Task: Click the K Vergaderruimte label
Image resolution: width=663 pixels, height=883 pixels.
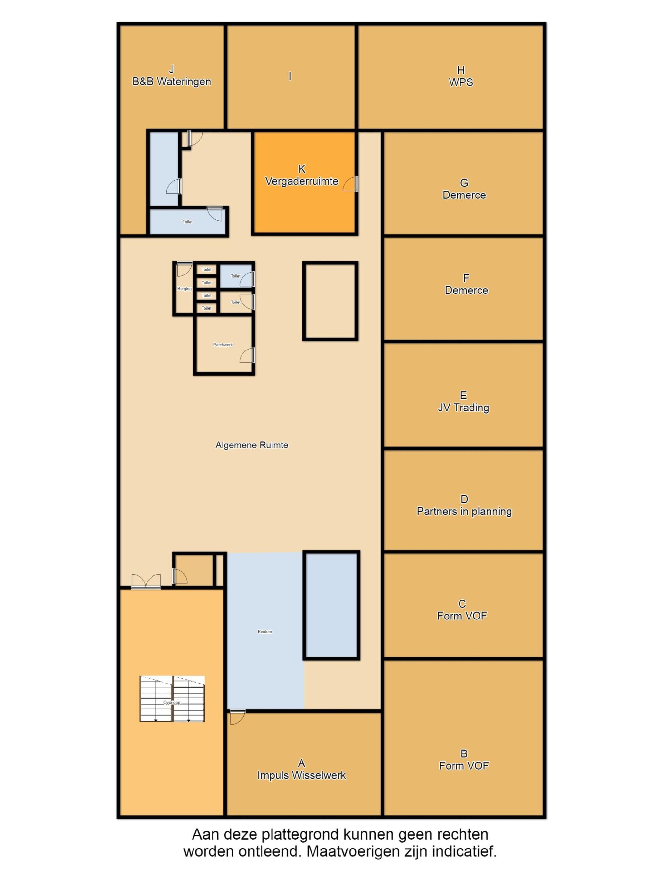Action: point(302,175)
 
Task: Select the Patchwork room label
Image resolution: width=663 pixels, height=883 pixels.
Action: point(223,344)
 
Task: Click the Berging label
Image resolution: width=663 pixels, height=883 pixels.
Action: point(184,289)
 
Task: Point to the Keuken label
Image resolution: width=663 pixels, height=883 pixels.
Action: point(264,631)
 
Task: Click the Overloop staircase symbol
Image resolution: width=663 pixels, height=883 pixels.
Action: point(172,699)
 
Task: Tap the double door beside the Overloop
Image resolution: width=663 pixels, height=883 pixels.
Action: point(146,581)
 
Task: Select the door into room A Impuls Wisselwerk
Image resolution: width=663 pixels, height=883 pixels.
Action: point(237,717)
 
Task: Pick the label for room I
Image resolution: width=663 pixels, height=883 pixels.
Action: point(290,76)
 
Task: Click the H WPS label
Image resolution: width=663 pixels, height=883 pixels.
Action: point(461,76)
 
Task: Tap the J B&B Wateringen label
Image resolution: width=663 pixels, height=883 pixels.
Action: point(172,75)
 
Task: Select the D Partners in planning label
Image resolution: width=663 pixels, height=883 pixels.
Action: point(464,505)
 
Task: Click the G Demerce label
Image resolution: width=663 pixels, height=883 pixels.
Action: point(464,189)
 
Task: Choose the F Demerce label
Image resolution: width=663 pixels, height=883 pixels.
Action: point(466,284)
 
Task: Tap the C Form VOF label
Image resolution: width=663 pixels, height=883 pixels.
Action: point(462,609)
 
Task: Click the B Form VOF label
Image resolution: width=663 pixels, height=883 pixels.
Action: point(464,759)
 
